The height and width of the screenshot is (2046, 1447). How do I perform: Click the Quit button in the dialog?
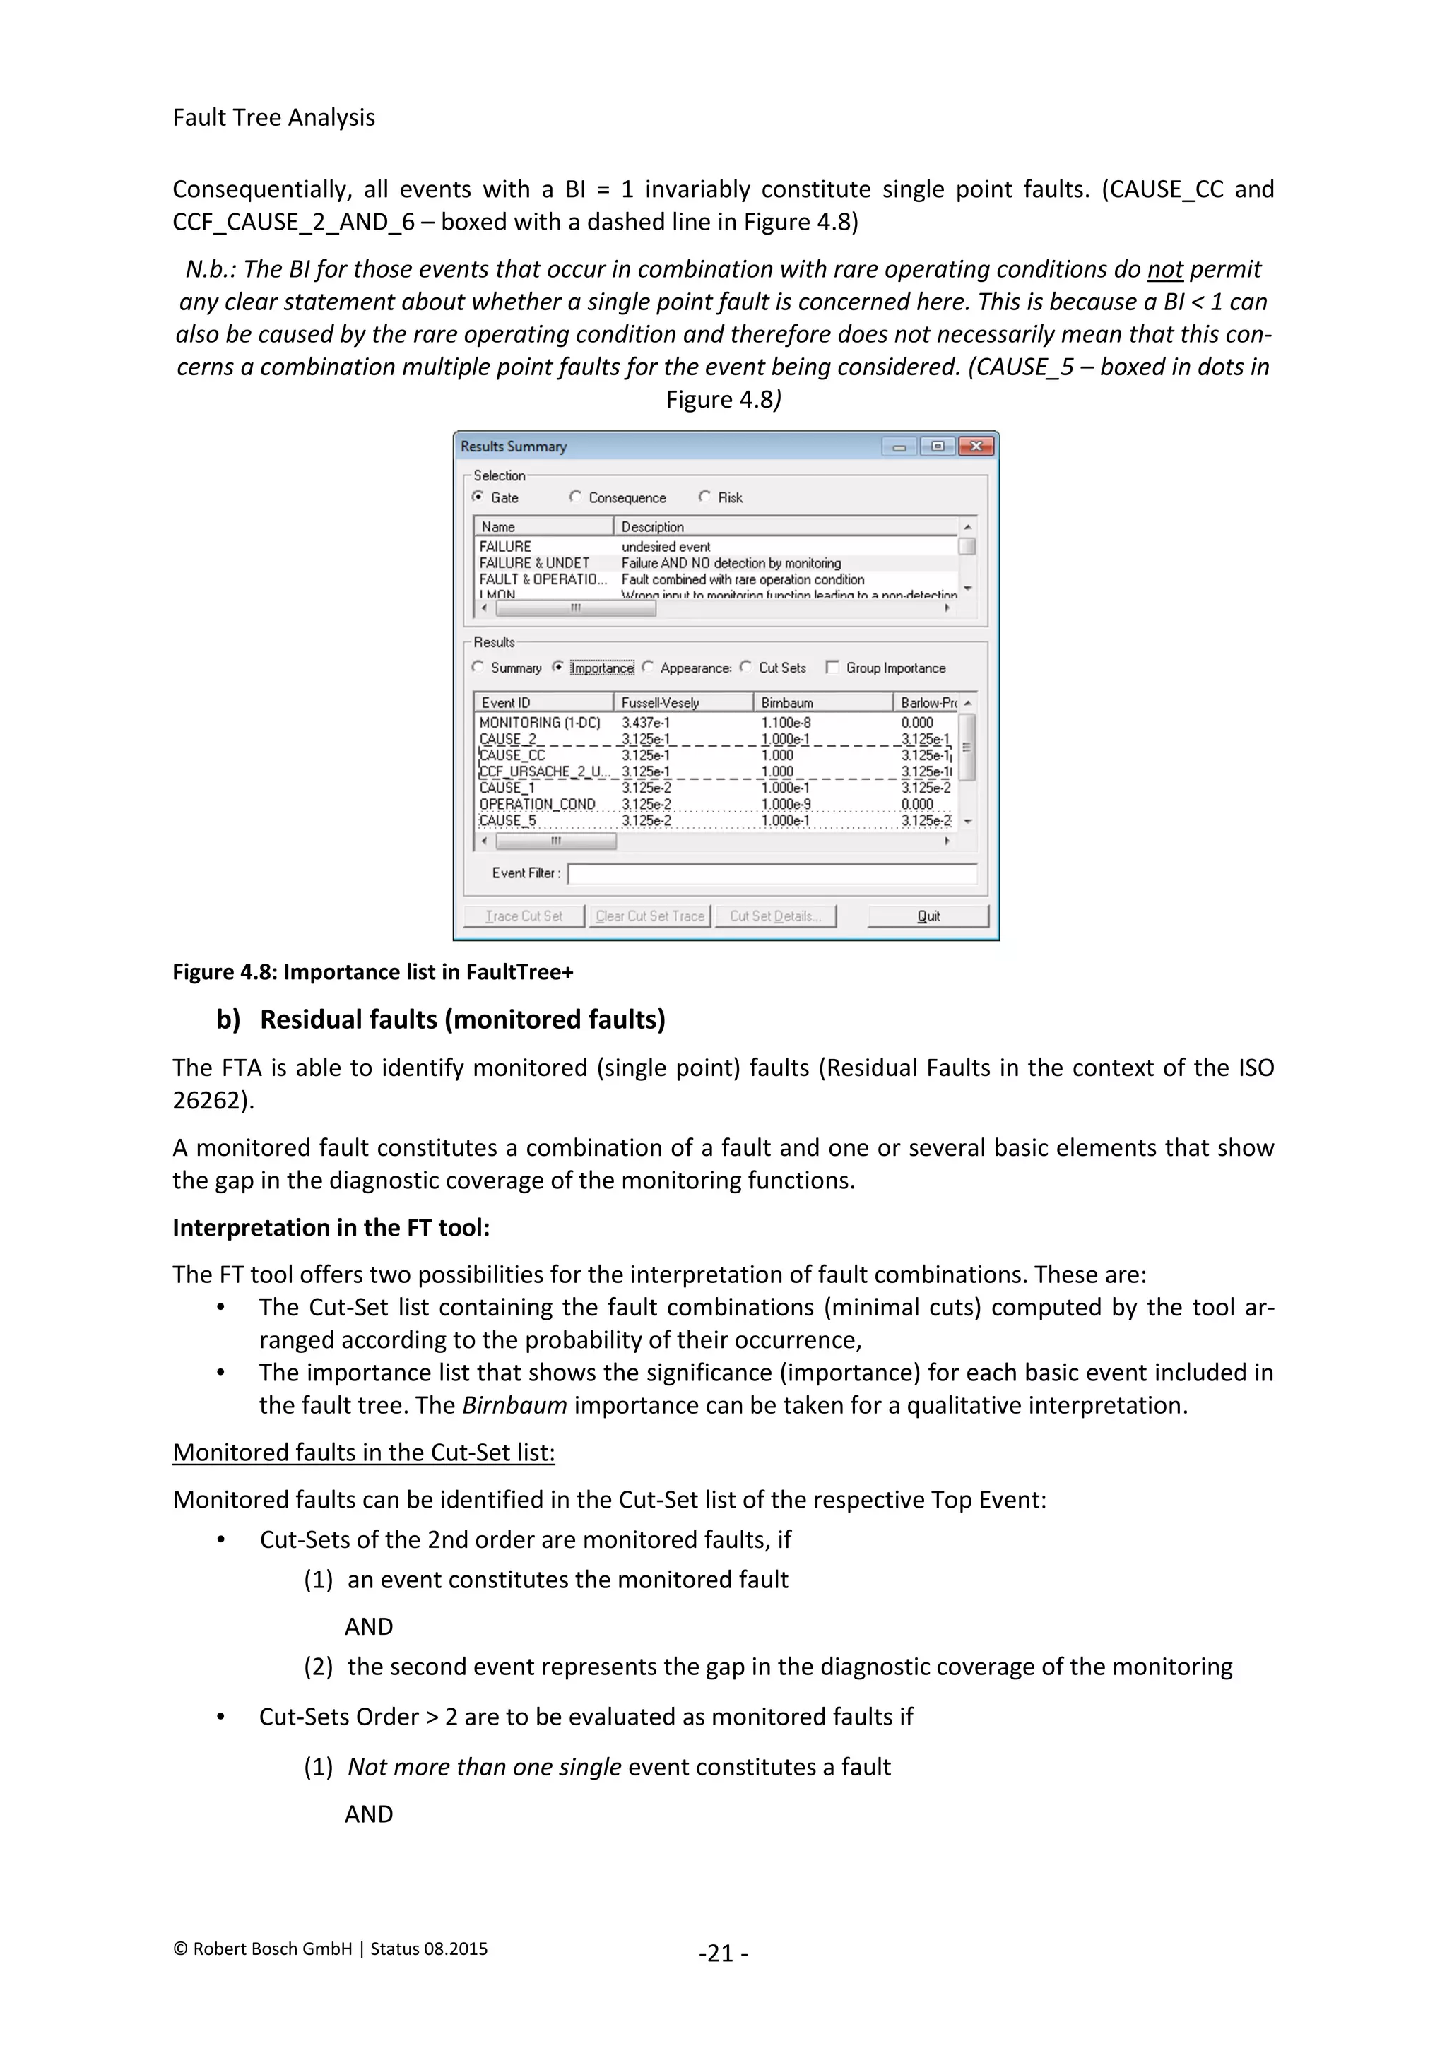click(928, 916)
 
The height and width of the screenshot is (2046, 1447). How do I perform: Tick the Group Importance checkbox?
click(832, 668)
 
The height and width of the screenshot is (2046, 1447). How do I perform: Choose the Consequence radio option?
click(576, 497)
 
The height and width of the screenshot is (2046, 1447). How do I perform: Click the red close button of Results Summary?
click(976, 447)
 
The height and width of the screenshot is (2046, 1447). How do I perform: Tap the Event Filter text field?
click(772, 873)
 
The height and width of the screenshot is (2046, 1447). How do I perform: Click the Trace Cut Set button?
click(524, 916)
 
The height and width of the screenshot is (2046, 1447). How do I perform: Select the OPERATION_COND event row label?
click(537, 804)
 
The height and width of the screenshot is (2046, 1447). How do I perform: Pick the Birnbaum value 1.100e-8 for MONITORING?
click(786, 723)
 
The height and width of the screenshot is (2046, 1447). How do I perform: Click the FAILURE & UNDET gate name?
click(535, 563)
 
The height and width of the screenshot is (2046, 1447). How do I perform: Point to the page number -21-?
click(723, 1953)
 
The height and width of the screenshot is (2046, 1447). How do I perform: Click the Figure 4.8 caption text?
click(372, 972)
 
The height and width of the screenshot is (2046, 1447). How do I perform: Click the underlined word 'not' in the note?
click(1164, 269)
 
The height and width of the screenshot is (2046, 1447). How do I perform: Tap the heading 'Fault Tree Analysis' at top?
click(273, 117)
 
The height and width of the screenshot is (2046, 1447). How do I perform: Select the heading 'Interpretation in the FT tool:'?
click(331, 1228)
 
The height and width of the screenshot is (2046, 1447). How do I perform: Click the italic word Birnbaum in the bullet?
click(514, 1405)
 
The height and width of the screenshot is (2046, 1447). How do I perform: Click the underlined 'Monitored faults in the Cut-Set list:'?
click(364, 1453)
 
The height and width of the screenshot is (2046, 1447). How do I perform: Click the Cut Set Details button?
click(774, 916)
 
